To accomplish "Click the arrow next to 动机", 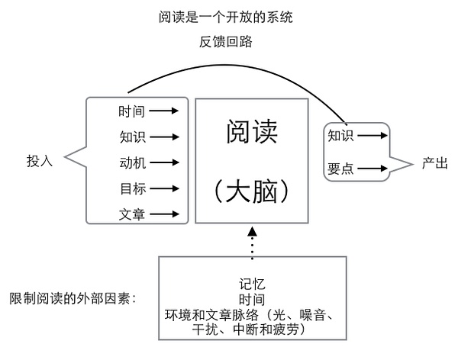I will pos(164,162).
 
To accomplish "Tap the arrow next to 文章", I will pos(164,214).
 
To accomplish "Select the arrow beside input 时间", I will pos(164,111).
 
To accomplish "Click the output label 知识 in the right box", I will pos(340,137).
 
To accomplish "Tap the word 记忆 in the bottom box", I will pos(252,285).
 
